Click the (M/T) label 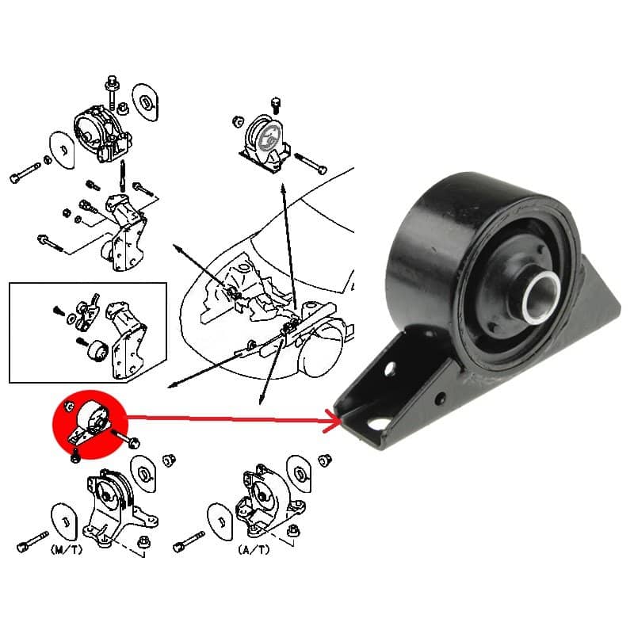(x=67, y=549)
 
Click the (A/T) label (x=254, y=549)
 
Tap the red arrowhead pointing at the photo (x=335, y=422)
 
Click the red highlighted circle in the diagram (x=90, y=425)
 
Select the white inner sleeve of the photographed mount (x=542, y=297)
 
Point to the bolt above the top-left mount (x=112, y=90)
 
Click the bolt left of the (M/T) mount (x=32, y=541)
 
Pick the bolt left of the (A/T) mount (x=189, y=541)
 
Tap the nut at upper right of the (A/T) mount (x=325, y=460)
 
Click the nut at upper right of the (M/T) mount (x=168, y=460)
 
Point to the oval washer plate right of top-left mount (x=146, y=101)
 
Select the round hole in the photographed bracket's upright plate (x=390, y=369)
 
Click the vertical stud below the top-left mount (x=122, y=176)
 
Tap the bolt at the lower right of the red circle (x=126, y=439)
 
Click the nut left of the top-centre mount (x=239, y=121)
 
